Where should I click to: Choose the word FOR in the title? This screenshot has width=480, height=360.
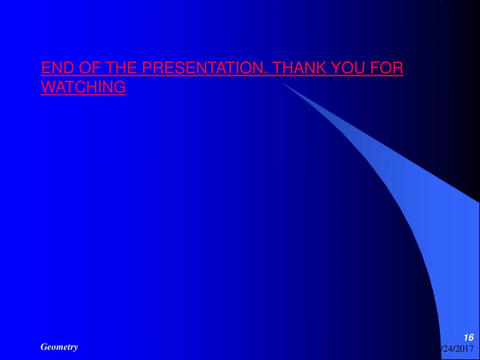click(387, 68)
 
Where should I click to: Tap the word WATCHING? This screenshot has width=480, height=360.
click(83, 87)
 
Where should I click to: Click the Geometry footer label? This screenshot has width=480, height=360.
click(59, 347)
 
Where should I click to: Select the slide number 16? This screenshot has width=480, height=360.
click(468, 337)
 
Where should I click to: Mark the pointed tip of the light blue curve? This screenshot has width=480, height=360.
click(283, 83)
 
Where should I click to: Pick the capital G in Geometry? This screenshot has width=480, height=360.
click(44, 347)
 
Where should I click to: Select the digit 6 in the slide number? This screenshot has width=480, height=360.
click(471, 337)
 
